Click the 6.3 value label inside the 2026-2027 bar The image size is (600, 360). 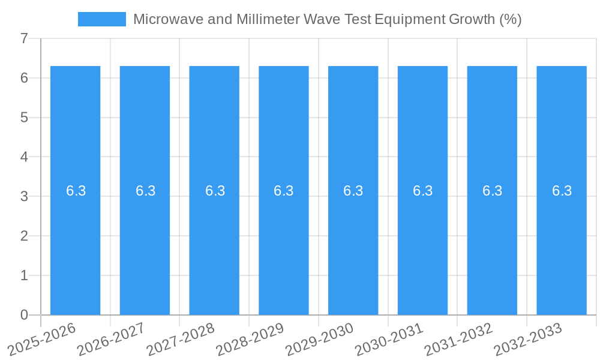pos(145,191)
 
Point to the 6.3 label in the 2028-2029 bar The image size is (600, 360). pos(284,191)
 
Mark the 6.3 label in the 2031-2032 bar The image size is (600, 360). pos(492,191)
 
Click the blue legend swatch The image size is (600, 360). pos(102,19)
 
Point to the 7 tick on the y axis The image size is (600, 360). pos(24,38)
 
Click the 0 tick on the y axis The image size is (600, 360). pos(24,314)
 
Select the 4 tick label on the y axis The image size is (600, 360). pos(24,157)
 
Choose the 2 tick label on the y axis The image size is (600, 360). pos(24,236)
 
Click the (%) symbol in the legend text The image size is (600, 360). pos(510,19)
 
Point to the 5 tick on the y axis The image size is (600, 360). pos(24,117)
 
